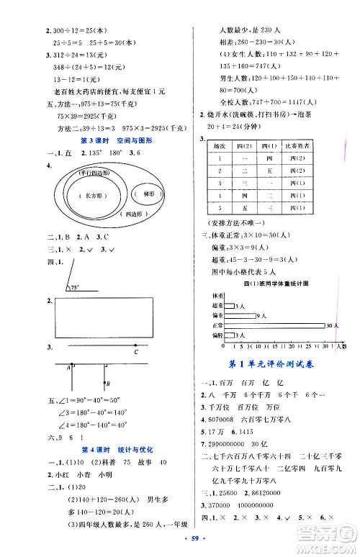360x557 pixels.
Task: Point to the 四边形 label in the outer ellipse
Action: coord(134,214)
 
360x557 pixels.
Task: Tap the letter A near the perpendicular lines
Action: coord(67,368)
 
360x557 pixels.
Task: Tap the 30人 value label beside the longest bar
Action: coord(332,326)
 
